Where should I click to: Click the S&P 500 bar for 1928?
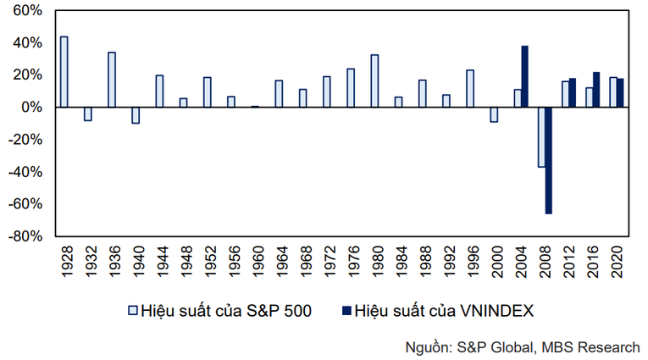[64, 72]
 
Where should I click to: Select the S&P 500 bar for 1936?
[112, 80]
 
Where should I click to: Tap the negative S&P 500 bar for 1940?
[136, 115]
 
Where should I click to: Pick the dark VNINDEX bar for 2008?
[549, 160]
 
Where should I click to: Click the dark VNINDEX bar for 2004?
[525, 76]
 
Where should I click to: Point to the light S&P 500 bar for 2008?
[541, 136]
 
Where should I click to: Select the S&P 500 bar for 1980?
[374, 81]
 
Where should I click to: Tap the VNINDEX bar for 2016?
[596, 90]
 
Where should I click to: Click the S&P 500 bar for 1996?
[470, 89]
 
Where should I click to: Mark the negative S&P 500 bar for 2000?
[494, 114]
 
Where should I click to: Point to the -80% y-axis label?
[25, 238]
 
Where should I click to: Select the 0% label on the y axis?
[30, 108]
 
